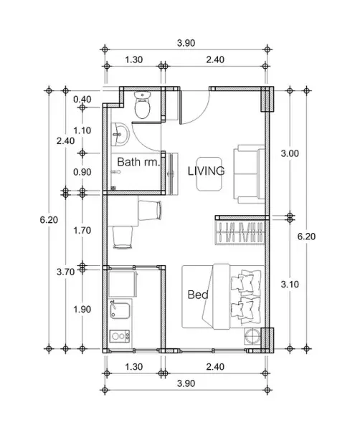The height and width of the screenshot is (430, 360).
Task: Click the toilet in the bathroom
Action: point(143,105)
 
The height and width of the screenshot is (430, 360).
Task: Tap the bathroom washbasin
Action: point(120,135)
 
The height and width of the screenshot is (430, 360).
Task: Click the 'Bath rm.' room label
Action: point(138,162)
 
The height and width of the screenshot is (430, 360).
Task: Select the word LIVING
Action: point(207,171)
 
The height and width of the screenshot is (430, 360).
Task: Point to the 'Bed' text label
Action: point(198,295)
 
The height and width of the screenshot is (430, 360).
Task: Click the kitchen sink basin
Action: point(120,311)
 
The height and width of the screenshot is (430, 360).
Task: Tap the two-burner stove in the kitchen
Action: point(120,336)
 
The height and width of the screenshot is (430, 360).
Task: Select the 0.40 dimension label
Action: point(82,100)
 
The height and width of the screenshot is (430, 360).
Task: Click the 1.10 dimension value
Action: point(82,130)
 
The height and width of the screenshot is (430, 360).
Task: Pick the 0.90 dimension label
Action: point(82,172)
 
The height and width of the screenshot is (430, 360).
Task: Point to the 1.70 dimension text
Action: point(82,230)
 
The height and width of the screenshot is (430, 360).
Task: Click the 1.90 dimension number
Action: point(82,310)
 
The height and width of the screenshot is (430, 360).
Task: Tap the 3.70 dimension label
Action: point(65,272)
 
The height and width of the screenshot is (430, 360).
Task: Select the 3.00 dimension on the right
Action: point(290,153)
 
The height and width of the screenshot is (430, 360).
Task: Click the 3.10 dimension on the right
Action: point(290,285)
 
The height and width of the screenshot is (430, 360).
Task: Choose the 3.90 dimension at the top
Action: point(186,43)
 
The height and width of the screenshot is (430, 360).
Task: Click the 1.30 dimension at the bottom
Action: point(134,367)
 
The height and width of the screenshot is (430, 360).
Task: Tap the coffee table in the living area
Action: point(209,174)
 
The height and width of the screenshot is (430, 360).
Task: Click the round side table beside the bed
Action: point(252,335)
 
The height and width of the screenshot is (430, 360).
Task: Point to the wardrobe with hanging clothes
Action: point(240,232)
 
